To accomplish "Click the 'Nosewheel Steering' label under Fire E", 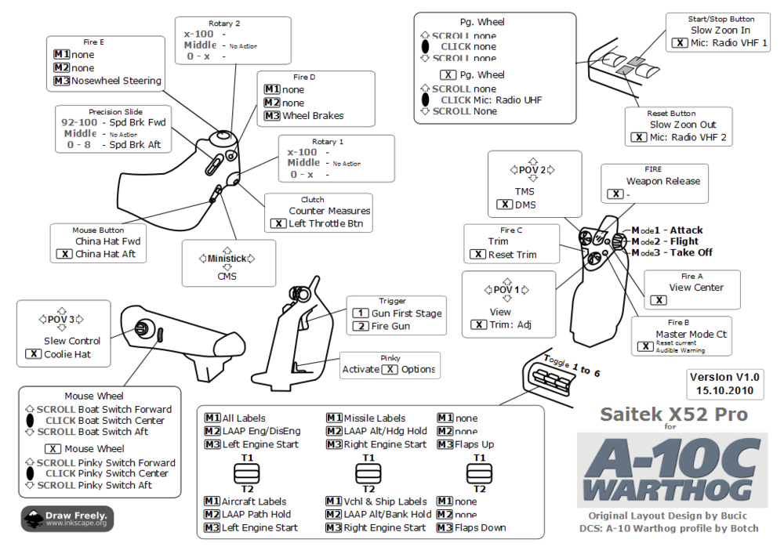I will [x=116, y=81].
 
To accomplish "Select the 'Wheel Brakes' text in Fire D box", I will [x=314, y=116].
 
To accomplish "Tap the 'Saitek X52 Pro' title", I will [x=673, y=414].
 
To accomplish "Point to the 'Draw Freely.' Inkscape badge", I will [x=68, y=518].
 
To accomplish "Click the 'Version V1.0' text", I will [x=724, y=377].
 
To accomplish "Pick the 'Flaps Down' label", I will [x=481, y=527].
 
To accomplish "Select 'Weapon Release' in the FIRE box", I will [x=662, y=181].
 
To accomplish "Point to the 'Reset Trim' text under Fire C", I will [x=512, y=255].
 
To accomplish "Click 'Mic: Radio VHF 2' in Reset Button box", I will [x=689, y=138].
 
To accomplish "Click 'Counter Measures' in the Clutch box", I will [x=329, y=211].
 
